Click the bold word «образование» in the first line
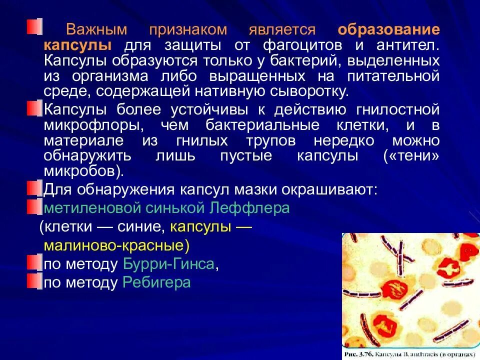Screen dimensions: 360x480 [388, 29]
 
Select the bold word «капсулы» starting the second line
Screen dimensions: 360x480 [77, 45]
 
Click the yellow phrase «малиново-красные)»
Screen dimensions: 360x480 [117, 246]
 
